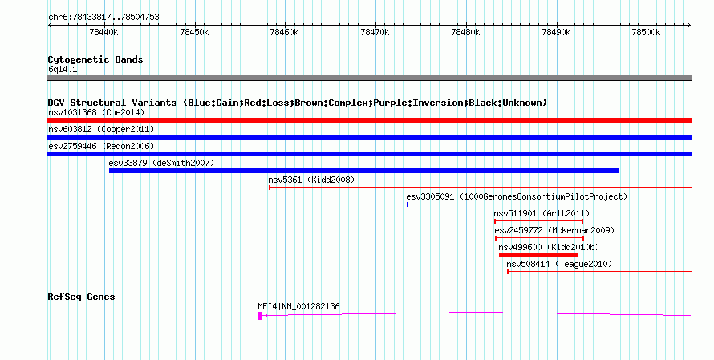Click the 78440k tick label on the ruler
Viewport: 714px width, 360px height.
103,33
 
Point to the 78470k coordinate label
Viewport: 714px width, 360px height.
375,33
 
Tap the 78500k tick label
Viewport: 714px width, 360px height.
646,33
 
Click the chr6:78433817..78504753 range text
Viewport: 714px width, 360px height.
103,18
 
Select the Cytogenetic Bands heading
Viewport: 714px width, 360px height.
95,59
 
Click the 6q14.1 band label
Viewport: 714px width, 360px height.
63,69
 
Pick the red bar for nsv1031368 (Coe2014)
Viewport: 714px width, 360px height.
369,120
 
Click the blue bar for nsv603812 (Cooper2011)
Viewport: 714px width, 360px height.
369,137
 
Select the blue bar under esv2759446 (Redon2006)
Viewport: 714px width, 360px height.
369,154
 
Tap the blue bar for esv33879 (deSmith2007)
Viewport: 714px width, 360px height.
364,171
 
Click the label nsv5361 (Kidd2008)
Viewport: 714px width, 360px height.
311,180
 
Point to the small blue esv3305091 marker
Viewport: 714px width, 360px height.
408,204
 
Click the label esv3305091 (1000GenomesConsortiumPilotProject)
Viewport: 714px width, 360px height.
517,196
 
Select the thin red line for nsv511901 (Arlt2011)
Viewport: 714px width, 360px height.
538,221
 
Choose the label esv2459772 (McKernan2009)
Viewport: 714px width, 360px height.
554,230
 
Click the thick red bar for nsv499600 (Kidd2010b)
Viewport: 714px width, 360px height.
538,255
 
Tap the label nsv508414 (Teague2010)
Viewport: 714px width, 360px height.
559,264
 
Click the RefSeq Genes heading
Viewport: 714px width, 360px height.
81,297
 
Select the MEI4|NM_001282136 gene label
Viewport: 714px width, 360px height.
298,307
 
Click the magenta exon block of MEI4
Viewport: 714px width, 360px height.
260,316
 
